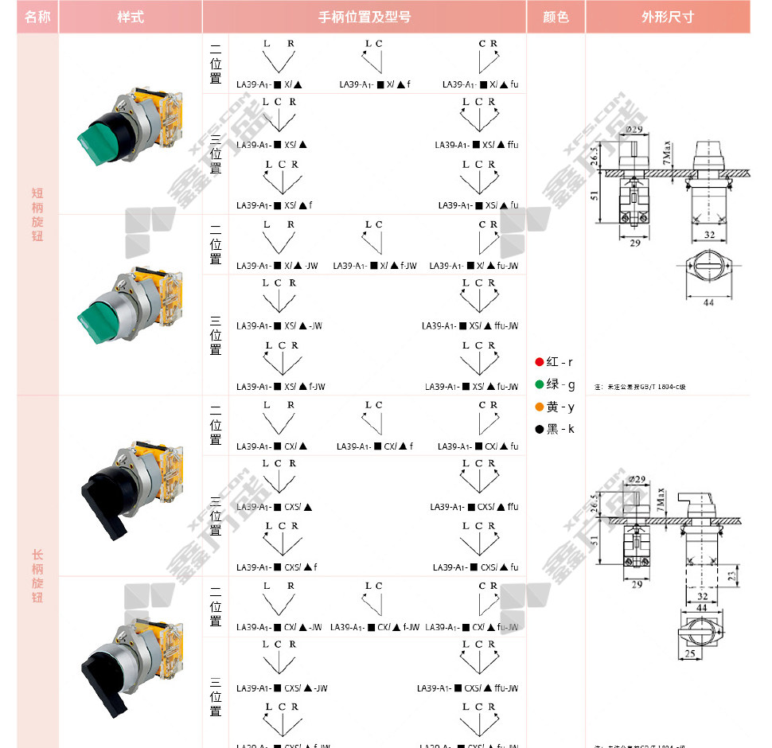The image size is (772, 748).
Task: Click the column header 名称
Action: pos(37,17)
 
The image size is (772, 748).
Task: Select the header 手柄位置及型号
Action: pos(365,17)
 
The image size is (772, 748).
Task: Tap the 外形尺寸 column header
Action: pos(667,17)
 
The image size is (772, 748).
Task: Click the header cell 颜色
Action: pos(556,17)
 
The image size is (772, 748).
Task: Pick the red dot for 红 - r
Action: pos(540,362)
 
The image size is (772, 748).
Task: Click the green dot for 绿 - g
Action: pos(540,384)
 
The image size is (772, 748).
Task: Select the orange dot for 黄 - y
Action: pos(540,407)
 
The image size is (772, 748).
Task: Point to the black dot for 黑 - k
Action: pos(540,429)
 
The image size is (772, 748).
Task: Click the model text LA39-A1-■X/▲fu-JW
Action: pos(474,266)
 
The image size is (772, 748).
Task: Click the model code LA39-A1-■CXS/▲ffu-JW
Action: pos(467,688)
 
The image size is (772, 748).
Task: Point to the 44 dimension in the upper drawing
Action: pos(708,302)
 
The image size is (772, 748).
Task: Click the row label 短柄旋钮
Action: pos(37,215)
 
